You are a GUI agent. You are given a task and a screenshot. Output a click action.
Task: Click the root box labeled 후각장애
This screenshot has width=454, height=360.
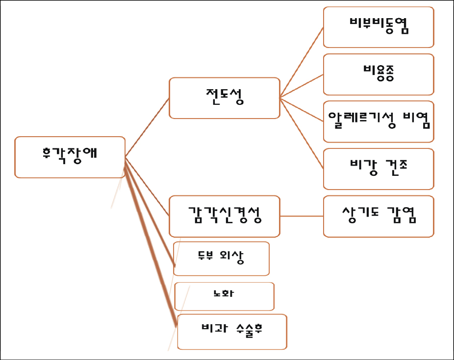pyautogui.click(x=70, y=157)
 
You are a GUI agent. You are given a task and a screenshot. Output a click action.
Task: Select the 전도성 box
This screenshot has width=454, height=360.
pyautogui.click(x=224, y=97)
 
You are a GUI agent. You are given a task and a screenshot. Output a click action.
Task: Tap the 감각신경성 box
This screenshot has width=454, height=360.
pyautogui.click(x=224, y=216)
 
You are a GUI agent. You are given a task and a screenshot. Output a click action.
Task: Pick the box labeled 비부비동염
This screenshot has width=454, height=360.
pyautogui.click(x=378, y=27)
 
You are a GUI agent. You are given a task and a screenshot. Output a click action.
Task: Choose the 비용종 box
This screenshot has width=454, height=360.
pyautogui.click(x=378, y=74)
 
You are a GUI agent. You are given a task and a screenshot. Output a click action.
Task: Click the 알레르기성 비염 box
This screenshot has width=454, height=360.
pyautogui.click(x=378, y=121)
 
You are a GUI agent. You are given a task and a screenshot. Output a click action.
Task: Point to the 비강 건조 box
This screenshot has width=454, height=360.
pyautogui.click(x=378, y=168)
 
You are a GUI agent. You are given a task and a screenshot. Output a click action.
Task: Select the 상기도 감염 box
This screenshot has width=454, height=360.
pyautogui.click(x=378, y=216)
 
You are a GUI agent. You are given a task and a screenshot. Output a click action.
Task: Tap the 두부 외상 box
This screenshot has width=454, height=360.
pyautogui.click(x=222, y=258)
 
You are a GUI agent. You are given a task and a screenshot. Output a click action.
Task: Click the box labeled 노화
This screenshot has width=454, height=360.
pyautogui.click(x=224, y=296)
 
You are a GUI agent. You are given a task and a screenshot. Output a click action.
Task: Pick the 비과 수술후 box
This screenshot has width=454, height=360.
pyautogui.click(x=232, y=331)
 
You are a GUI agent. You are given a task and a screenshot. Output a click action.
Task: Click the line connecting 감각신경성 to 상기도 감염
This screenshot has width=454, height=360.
pyautogui.click(x=302, y=216)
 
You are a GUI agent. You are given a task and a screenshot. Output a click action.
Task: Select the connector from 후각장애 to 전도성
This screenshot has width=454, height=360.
pyautogui.click(x=147, y=127)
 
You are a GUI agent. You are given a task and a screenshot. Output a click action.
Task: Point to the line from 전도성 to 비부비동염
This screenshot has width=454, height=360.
pyautogui.click(x=302, y=62)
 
